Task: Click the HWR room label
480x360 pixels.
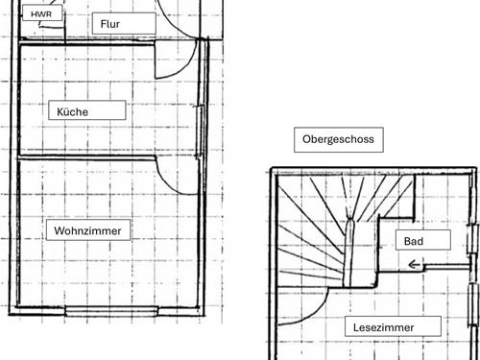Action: pos(42,13)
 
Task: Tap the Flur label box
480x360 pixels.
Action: pos(124,24)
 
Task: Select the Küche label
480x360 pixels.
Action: pos(87,110)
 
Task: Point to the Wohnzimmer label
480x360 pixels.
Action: pos(88,229)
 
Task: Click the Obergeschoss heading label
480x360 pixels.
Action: pos(339,139)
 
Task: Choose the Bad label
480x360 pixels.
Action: pos(423,240)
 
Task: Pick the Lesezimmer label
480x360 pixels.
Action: pos(393,326)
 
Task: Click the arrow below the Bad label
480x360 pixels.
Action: pos(415,265)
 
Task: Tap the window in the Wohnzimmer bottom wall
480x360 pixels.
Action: pos(111,311)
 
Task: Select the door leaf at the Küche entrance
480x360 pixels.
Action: pos(156,60)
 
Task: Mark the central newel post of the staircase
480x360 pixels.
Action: pos(349,252)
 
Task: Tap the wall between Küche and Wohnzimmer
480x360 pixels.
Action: pos(87,156)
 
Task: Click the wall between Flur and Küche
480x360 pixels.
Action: pos(86,43)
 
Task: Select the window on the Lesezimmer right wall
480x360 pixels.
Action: pos(473,304)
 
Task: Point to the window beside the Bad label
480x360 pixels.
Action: pos(472,239)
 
